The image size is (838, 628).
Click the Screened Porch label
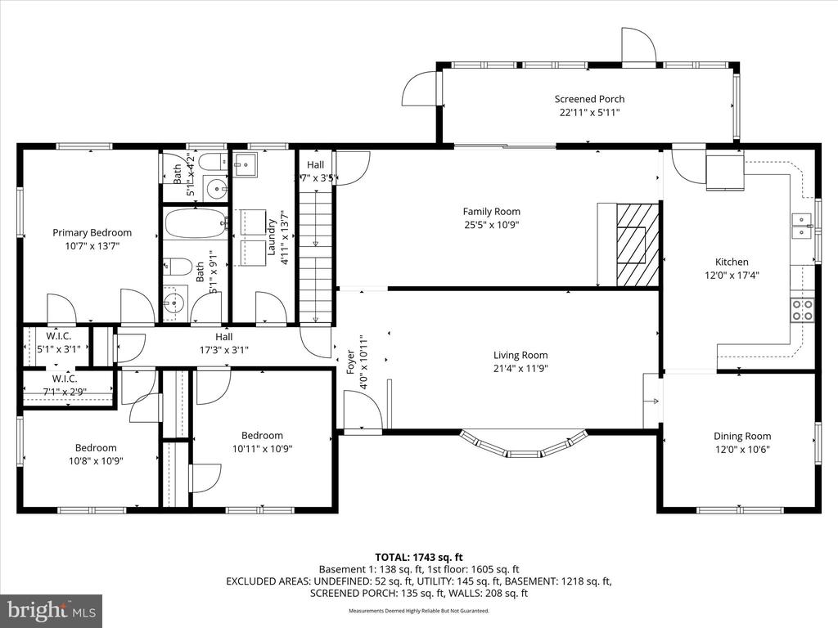click(x=589, y=99)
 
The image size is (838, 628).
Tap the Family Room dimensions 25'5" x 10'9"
click(x=491, y=225)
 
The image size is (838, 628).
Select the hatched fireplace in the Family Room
click(x=637, y=244)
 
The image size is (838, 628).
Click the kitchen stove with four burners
click(x=803, y=309)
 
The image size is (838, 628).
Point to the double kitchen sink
click(x=801, y=226)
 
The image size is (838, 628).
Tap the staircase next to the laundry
click(x=317, y=253)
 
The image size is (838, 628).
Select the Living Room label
click(x=520, y=355)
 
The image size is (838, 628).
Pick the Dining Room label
click(x=741, y=436)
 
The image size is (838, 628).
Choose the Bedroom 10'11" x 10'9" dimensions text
click(x=262, y=448)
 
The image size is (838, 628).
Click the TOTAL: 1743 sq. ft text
click(x=418, y=557)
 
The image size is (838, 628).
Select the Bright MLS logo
click(x=51, y=610)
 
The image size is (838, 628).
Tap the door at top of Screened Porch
click(x=638, y=45)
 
